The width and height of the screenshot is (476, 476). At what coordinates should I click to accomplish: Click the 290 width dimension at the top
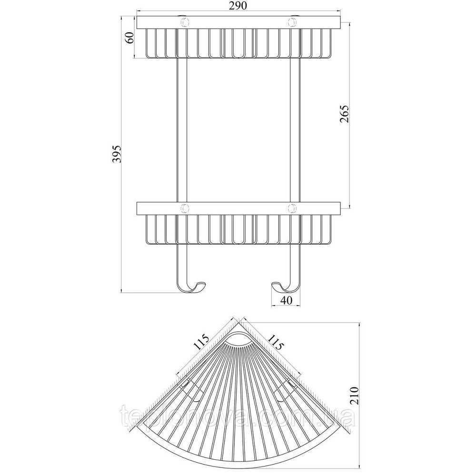coord(239,5)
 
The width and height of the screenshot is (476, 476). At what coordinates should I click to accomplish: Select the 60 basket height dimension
coord(129,38)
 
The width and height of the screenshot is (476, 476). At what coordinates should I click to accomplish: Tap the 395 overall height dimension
coord(117,154)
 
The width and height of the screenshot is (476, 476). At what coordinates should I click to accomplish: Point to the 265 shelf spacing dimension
coord(344,114)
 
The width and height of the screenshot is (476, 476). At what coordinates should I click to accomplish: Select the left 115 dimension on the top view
coord(201,343)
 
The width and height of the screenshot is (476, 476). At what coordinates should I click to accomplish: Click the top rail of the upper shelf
coord(239,23)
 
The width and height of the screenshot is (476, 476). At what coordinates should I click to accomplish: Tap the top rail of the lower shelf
coord(239,208)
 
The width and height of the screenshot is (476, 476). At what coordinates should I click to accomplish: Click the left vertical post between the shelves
coord(181,130)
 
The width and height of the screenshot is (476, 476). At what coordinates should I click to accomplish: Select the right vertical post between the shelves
coord(295,130)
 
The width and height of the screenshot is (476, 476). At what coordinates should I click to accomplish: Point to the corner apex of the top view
coord(238,323)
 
